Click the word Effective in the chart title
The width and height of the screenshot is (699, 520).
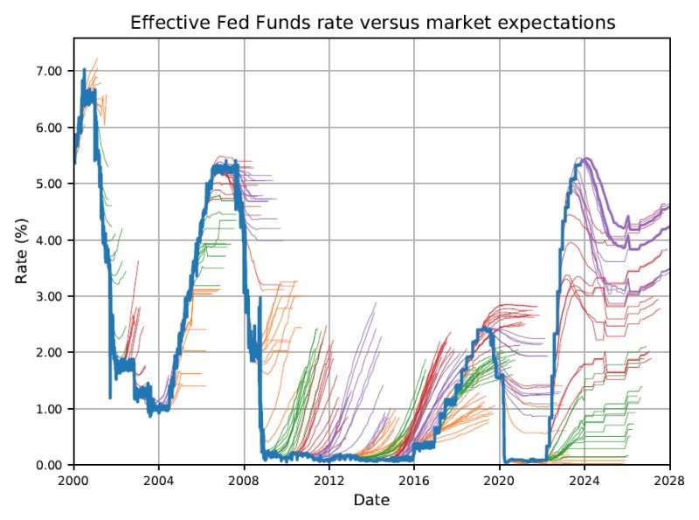point(166,23)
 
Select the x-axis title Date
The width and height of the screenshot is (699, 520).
point(371,501)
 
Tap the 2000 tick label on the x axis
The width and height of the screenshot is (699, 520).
point(74,481)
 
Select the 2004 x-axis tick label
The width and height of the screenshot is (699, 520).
point(159,481)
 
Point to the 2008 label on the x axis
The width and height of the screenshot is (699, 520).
point(245,481)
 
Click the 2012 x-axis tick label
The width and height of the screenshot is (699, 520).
point(329,481)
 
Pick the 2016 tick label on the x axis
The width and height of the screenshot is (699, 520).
point(414,481)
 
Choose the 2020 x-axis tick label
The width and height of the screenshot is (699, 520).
point(500,481)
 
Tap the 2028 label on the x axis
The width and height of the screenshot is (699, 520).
point(669,481)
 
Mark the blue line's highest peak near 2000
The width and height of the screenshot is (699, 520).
point(84,70)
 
